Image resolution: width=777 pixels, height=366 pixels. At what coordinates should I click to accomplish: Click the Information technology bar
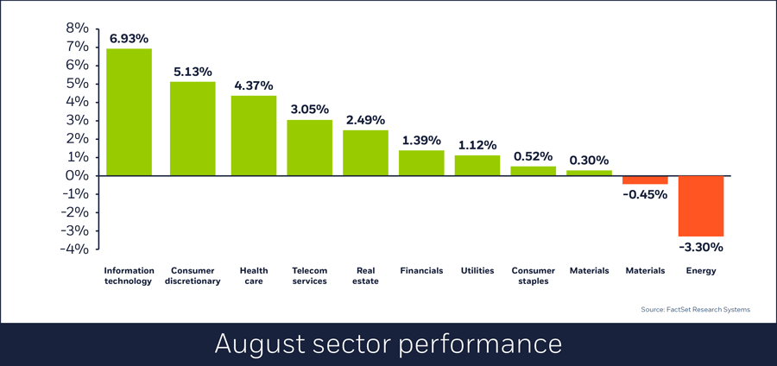[x=129, y=111]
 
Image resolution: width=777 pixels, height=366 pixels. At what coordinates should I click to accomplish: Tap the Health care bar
[x=254, y=136]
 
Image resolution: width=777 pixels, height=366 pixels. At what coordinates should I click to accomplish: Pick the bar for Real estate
[x=365, y=153]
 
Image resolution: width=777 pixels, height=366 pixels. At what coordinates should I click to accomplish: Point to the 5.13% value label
[x=193, y=72]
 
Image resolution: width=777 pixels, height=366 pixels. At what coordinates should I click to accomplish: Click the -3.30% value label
[x=700, y=247]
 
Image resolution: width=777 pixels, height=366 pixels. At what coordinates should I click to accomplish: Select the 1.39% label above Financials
[x=421, y=140]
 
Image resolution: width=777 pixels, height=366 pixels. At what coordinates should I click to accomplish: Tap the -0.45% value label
[x=645, y=194]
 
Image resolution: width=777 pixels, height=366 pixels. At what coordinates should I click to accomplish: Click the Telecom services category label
[x=309, y=275]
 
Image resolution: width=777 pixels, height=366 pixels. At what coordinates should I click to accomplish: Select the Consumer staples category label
[x=533, y=275]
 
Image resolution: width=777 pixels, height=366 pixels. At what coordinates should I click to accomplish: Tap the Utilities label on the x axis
[x=477, y=270]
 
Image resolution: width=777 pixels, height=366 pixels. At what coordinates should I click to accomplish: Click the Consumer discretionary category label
[x=193, y=275]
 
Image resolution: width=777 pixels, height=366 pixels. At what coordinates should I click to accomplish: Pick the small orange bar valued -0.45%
[x=645, y=180]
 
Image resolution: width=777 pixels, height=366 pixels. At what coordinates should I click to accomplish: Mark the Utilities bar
[x=477, y=165]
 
